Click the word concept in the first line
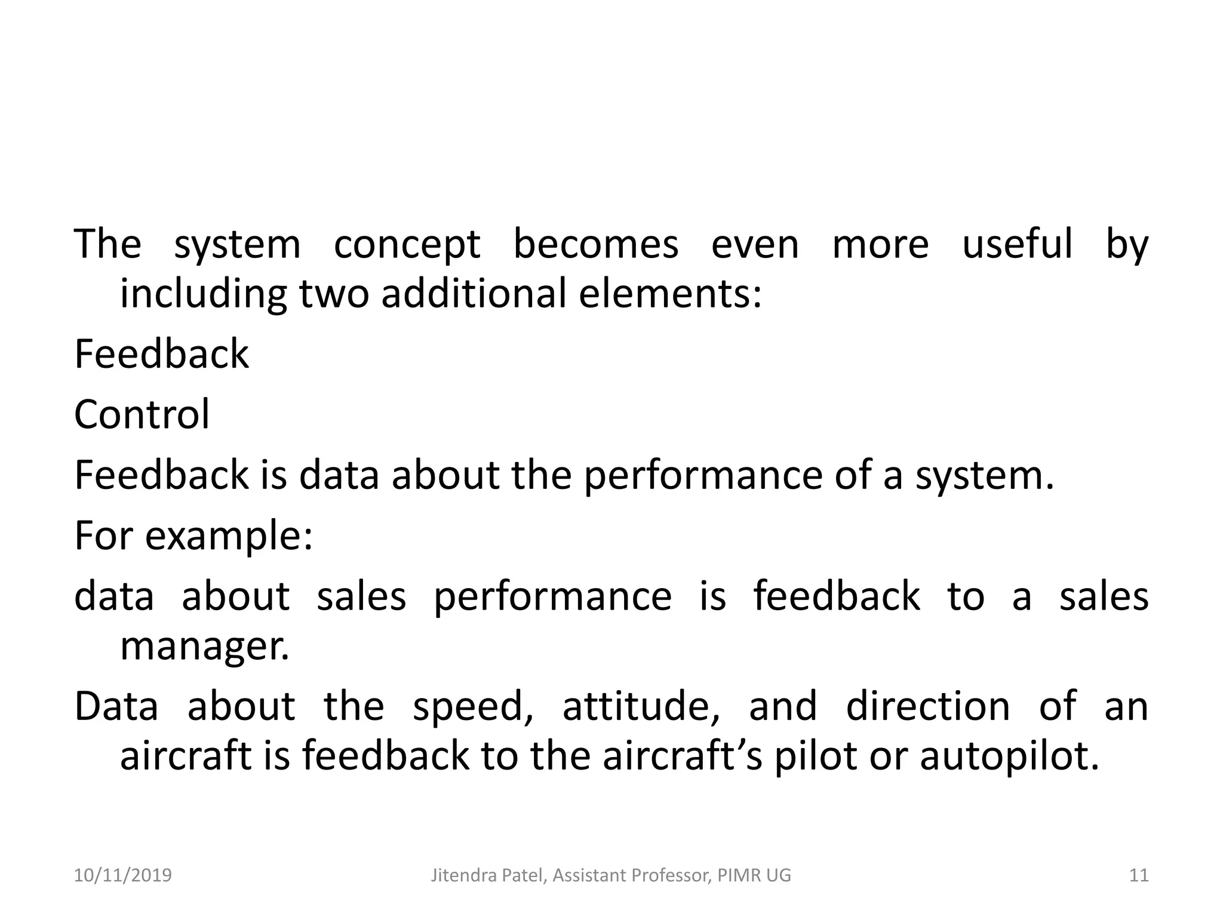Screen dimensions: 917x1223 pyautogui.click(x=407, y=245)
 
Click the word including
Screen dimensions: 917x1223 pyautogui.click(x=202, y=295)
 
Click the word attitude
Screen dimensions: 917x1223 pyautogui.click(x=641, y=706)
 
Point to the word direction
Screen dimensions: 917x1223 pyautogui.click(x=927, y=706)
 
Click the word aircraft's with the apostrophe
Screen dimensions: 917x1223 pyautogui.click(x=683, y=755)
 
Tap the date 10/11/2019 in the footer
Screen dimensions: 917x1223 pyautogui.click(x=122, y=876)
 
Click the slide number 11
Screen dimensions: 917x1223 pyautogui.click(x=1139, y=876)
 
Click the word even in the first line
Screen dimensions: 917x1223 pyautogui.click(x=754, y=245)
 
